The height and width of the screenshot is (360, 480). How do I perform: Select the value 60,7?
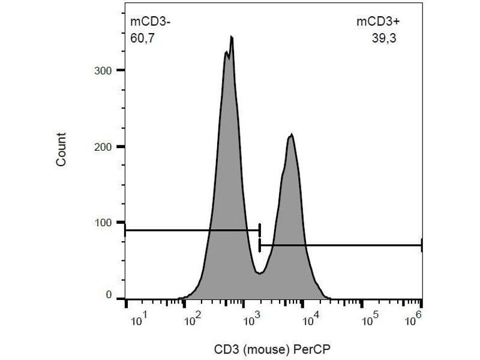[x=143, y=39]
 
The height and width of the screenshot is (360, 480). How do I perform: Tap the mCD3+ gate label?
[x=378, y=23]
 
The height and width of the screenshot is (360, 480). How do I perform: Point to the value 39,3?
[x=385, y=39]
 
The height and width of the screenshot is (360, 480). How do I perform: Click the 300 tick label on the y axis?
[x=104, y=71]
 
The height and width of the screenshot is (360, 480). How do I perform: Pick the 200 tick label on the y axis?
[x=104, y=146]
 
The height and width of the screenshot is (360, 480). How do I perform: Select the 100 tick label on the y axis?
[x=104, y=223]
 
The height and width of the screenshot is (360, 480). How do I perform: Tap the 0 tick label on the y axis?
[x=109, y=295]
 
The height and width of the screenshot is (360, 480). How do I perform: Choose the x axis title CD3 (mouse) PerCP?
[x=273, y=347]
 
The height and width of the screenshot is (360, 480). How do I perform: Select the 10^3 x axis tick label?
[x=250, y=320]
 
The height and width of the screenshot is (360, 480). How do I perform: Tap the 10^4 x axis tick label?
[x=309, y=320]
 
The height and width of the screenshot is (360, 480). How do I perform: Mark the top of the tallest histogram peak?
[x=231, y=37]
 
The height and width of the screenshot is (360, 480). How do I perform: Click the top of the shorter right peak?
[x=292, y=134]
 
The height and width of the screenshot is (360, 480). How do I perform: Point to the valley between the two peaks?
[x=259, y=274]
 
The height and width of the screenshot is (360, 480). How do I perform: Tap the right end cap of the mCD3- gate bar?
[x=260, y=230]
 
